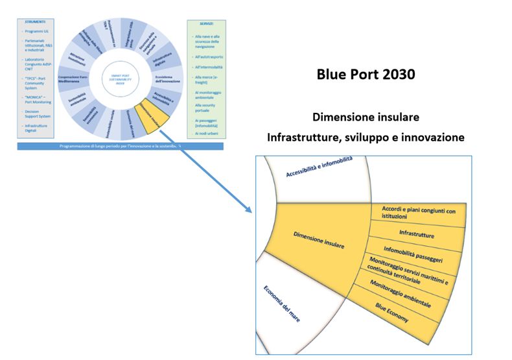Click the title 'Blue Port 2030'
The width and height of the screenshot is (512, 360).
(366, 75)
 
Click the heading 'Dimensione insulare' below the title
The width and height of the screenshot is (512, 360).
(366, 117)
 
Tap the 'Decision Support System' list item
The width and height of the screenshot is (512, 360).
(36, 114)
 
